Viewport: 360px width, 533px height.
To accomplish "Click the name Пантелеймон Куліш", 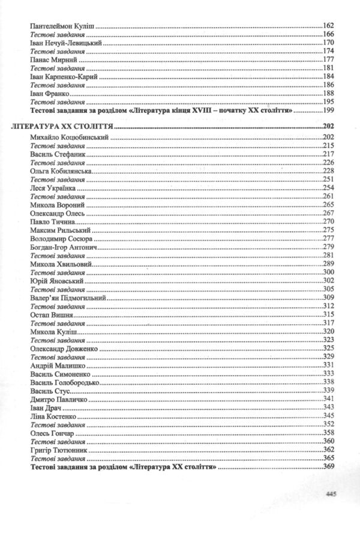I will [62, 27].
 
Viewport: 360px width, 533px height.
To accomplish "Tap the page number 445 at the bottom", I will [329, 494].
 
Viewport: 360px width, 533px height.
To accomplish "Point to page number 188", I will [328, 94].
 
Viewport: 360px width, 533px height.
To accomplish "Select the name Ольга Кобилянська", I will [60, 171].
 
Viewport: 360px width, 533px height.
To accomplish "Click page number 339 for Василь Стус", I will [328, 390].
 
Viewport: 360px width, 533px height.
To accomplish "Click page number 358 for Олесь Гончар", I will [328, 432].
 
